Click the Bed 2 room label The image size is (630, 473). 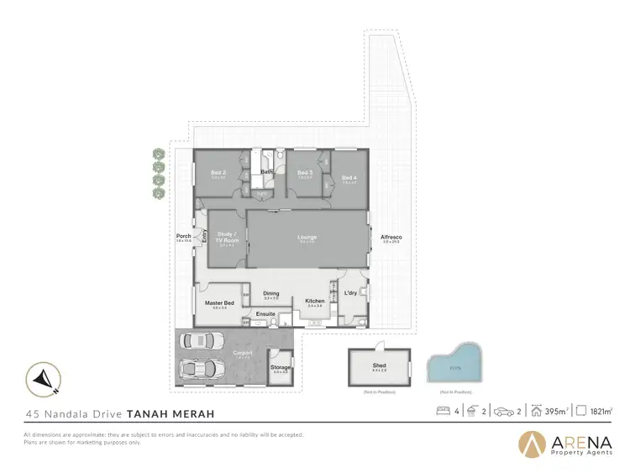pos(218,173)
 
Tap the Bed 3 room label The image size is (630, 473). pos(305,173)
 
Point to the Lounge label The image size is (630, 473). pos(307,237)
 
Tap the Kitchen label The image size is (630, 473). pos(315,301)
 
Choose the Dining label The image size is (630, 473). pos(270,294)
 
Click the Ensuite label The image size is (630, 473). pos(266,313)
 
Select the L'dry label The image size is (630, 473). pos(351,292)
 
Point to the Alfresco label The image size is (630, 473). pos(391,237)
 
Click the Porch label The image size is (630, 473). pos(182,236)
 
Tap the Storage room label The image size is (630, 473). pos(281,367)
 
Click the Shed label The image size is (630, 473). pos(379,365)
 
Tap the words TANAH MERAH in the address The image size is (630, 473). pos(170,413)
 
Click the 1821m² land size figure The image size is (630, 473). pos(600,412)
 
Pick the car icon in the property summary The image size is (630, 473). pos(505,412)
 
